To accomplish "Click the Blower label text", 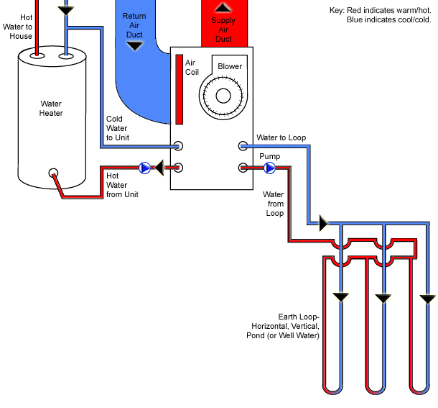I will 230,67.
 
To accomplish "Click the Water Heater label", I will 51,108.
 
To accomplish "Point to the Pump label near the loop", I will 269,155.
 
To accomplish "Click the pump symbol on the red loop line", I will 269,168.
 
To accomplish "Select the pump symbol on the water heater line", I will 145,168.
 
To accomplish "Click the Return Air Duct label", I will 134,25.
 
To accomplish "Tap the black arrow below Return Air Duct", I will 134,46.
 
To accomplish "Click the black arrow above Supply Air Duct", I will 223,7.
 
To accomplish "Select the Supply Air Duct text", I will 223,29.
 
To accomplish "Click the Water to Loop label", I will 281,137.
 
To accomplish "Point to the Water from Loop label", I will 274,204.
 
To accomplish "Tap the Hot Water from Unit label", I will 122,185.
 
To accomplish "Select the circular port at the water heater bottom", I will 53,173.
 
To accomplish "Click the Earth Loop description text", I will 299,326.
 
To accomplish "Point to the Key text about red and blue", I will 381,14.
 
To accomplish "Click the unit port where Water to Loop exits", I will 243,146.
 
